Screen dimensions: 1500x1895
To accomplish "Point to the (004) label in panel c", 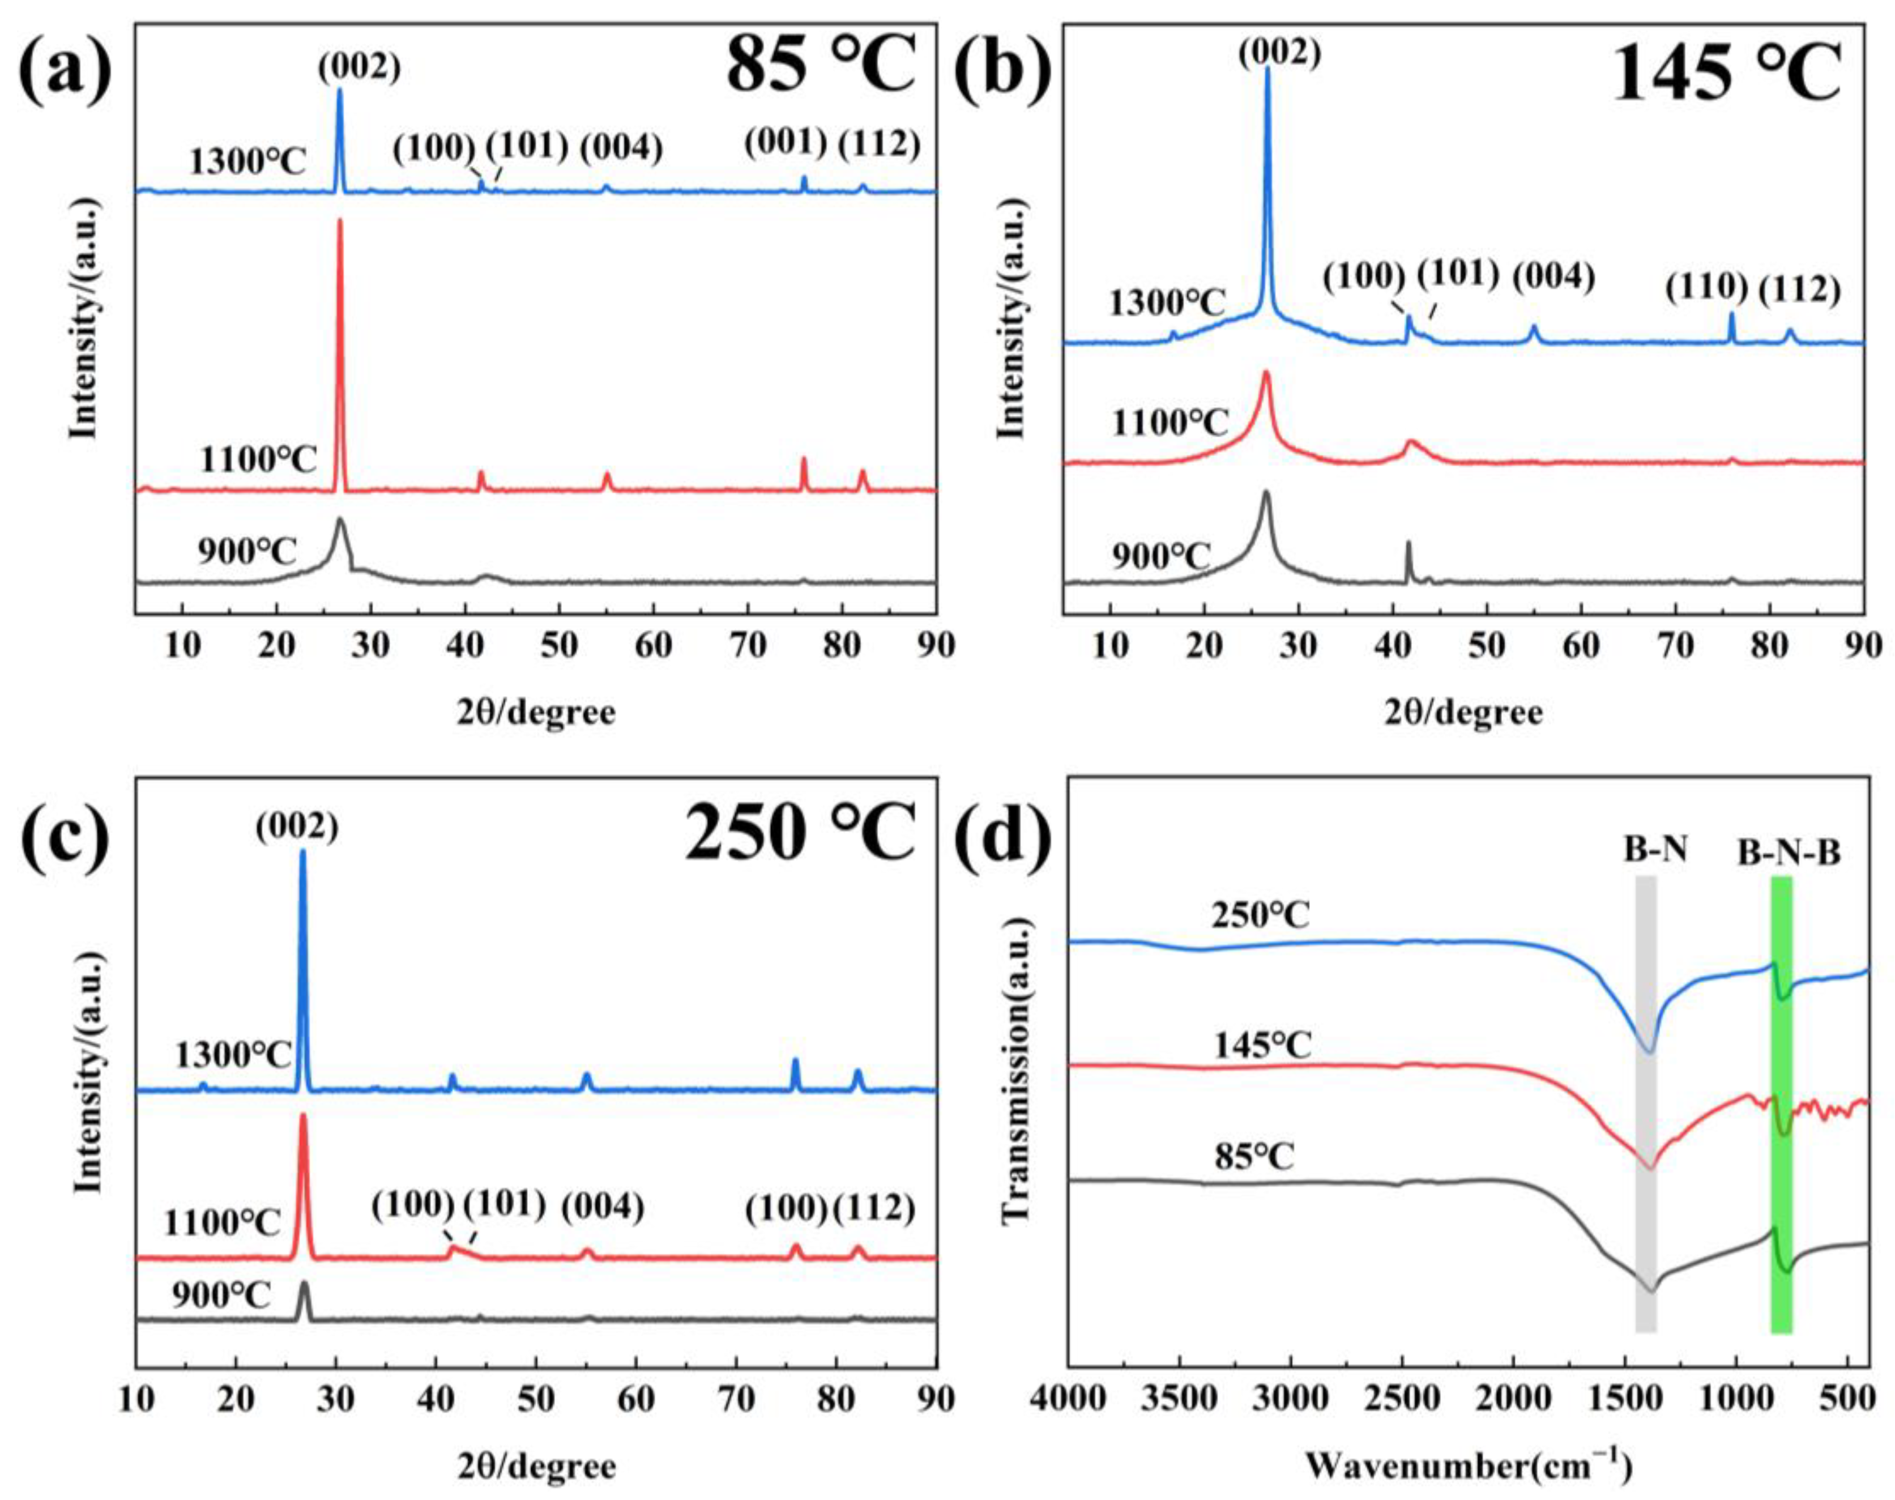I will click(603, 1208).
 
